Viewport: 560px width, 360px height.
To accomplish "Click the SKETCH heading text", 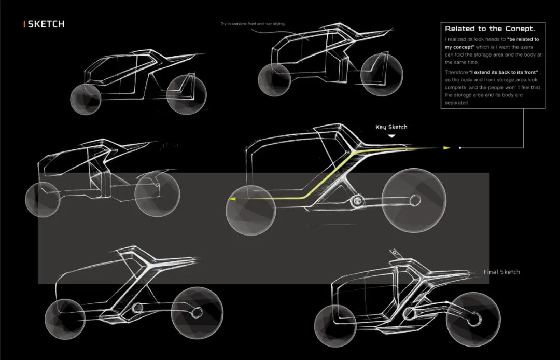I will (x=46, y=24).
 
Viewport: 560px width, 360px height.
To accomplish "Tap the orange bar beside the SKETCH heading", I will (x=24, y=24).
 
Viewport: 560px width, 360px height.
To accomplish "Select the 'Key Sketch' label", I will (x=391, y=127).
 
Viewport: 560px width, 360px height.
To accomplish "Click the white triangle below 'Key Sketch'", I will (x=392, y=136).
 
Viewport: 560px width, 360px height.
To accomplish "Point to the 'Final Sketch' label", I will (x=501, y=272).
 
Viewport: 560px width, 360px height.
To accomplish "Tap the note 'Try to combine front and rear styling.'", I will (x=253, y=24).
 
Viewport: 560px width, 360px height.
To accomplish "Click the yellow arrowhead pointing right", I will (x=446, y=148).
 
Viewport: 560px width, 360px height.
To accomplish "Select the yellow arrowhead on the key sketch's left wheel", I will (x=233, y=199).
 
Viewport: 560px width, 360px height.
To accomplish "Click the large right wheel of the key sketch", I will (x=413, y=200).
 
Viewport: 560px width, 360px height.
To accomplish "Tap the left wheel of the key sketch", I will (x=251, y=210).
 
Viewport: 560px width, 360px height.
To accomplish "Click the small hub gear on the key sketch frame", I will (x=357, y=202).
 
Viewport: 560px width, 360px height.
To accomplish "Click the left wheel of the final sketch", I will (x=333, y=326).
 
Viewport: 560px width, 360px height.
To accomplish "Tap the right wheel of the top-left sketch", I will (x=187, y=94).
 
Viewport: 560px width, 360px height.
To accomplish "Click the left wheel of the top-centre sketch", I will (x=274, y=80).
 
